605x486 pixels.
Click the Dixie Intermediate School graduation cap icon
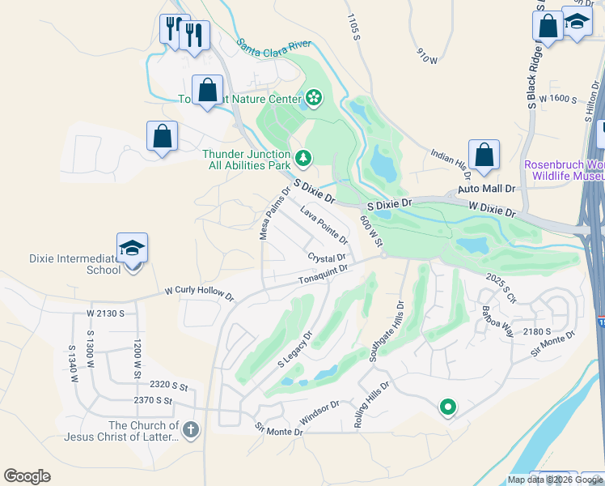click(133, 249)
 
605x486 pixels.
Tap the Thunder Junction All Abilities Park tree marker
click(303, 156)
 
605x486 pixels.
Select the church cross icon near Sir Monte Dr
click(190, 429)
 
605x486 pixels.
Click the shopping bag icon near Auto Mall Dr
click(484, 155)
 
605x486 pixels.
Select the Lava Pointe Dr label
click(324, 225)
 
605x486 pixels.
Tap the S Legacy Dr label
click(295, 349)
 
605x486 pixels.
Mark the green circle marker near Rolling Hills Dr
click(447, 407)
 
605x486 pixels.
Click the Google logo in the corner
click(27, 476)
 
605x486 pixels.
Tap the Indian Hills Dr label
click(451, 158)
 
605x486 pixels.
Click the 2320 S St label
click(167, 386)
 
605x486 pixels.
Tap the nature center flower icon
click(314, 100)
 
